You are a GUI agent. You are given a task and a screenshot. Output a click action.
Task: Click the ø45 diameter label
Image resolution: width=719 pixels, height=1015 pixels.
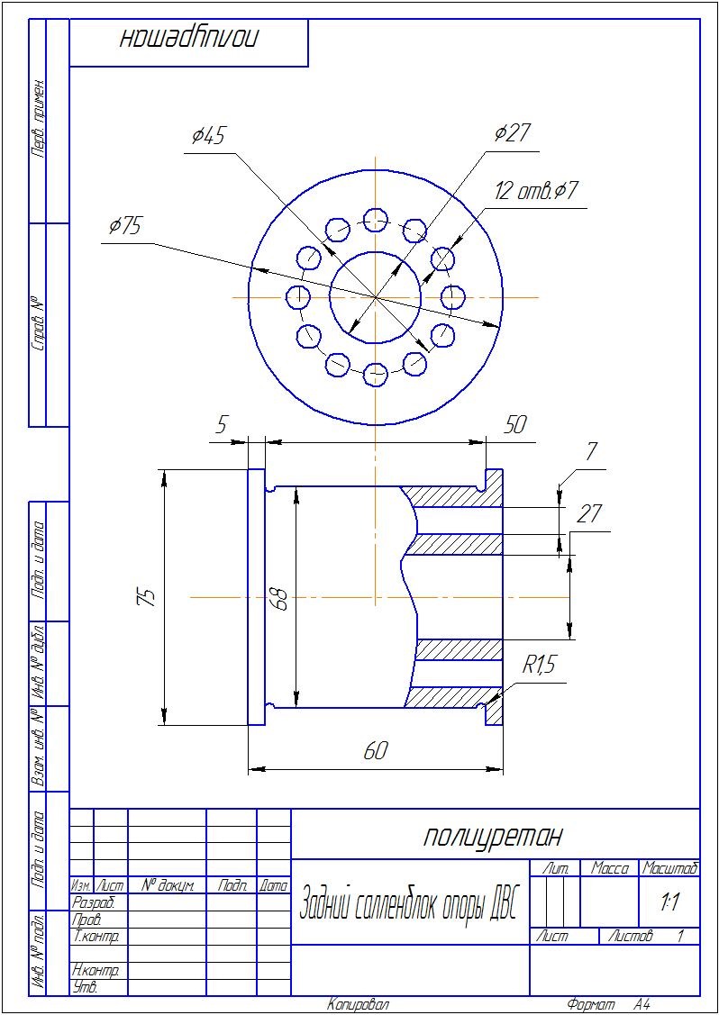coord(208,136)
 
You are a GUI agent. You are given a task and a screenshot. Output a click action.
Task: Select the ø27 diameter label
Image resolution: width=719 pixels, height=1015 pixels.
coord(512,132)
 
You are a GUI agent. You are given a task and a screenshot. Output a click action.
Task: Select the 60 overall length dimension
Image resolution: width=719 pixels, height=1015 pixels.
coord(376,750)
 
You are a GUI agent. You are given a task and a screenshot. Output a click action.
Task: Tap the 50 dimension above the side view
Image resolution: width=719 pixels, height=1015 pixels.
coord(515,425)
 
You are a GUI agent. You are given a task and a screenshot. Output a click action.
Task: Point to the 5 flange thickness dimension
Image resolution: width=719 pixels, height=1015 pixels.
coord(222,425)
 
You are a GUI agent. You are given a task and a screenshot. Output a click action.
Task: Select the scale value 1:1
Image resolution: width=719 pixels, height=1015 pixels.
coord(669,904)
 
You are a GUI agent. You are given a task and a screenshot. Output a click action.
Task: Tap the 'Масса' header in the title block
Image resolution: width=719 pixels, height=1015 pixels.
coord(610,869)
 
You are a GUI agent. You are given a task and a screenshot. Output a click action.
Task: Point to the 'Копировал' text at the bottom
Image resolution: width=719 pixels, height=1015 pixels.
coord(359,1005)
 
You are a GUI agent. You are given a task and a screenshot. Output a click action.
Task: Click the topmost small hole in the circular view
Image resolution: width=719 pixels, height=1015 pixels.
coord(376,220)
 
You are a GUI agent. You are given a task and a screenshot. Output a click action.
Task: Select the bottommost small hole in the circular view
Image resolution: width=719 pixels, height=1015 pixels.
coord(376,374)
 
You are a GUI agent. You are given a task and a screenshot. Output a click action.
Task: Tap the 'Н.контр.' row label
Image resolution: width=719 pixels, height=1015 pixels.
coord(96,971)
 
